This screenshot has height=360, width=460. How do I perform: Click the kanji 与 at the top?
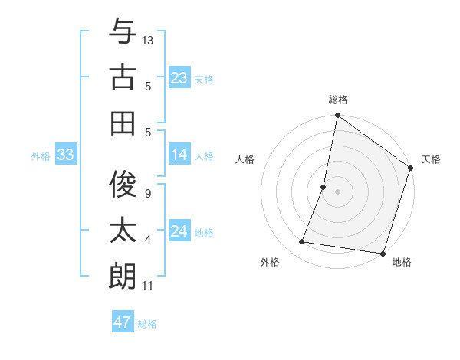click(x=123, y=31)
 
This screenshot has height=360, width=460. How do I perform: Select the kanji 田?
click(x=123, y=123)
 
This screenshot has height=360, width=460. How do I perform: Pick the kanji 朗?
click(x=123, y=276)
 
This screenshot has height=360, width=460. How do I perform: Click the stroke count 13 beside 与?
click(x=148, y=40)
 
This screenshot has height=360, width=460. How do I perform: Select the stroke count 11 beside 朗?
click(x=147, y=286)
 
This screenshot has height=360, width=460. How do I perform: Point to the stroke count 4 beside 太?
click(x=147, y=241)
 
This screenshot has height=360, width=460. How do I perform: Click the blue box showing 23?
click(x=179, y=77)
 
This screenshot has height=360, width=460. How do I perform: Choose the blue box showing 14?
click(x=179, y=155)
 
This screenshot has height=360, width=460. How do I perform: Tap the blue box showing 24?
click(x=179, y=231)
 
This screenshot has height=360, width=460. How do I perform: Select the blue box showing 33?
click(x=65, y=155)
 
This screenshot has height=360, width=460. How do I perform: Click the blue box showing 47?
click(x=122, y=322)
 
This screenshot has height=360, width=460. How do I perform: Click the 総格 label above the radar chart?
click(x=337, y=100)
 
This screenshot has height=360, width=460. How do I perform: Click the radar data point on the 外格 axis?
click(x=302, y=242)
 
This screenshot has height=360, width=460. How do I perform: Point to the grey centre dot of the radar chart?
click(x=337, y=191)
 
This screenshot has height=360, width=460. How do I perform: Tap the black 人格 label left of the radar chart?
click(x=245, y=159)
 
